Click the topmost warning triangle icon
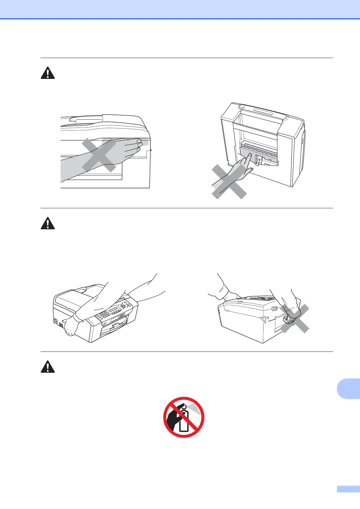coord(48,73)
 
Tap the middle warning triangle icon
coord(48,223)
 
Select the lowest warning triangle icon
coord(48,367)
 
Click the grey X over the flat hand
coord(99,155)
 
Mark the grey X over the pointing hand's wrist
coord(229,181)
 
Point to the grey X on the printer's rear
coord(294,319)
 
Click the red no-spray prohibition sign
coord(184,417)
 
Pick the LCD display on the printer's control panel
coord(115,310)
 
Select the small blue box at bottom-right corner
coord(348,498)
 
